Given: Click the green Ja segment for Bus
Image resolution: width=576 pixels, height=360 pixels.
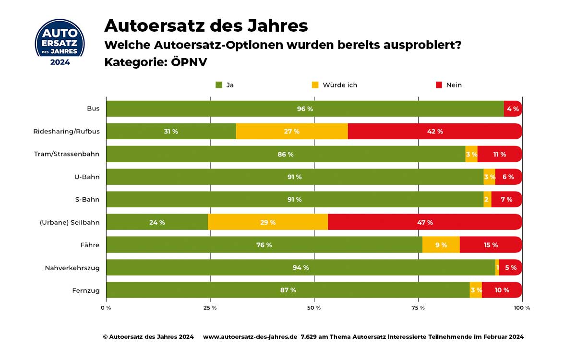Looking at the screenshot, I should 305,109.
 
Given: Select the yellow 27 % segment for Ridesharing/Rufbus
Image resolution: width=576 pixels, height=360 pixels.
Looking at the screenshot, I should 292,132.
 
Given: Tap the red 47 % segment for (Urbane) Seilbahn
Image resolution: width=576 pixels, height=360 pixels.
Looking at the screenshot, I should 425,222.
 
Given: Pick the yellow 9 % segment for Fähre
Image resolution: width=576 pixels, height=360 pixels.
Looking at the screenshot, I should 441,245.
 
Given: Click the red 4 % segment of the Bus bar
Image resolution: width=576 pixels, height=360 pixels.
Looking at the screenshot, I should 513,109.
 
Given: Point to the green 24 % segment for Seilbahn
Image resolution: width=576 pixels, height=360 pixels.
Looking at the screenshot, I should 157,222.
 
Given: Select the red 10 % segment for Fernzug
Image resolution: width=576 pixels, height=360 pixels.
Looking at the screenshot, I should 502,290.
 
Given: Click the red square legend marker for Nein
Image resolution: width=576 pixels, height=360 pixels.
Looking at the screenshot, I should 439,85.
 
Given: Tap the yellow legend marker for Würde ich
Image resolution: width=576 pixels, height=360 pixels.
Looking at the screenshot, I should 315,85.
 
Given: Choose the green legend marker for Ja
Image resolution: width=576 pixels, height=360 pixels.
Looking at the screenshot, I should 219,85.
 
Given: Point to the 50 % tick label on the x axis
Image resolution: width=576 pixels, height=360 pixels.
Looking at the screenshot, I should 314,307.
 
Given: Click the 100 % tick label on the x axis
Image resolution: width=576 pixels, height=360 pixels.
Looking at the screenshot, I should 522,307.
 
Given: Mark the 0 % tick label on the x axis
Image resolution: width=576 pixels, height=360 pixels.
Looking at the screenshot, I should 106,307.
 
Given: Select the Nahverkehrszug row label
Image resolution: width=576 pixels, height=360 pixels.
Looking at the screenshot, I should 72,268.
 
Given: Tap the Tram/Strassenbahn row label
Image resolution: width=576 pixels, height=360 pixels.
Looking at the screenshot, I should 67,154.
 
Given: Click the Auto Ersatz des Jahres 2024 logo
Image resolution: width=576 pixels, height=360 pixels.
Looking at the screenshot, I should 60,42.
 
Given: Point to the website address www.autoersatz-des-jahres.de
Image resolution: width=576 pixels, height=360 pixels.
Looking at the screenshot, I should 250,337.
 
